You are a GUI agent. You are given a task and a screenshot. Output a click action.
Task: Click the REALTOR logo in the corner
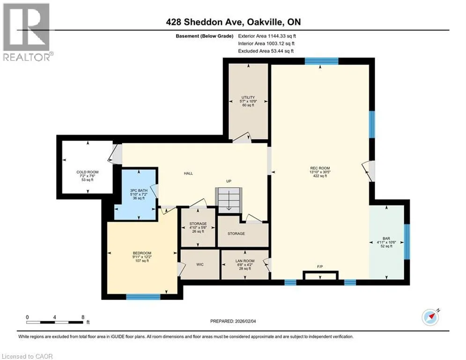pyautogui.click(x=27, y=31)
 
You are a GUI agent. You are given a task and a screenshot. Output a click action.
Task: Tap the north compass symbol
pyautogui.click(x=430, y=317)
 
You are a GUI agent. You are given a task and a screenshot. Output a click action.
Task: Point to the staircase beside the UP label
pyautogui.click(x=229, y=200)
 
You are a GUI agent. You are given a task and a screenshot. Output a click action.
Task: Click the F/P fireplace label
pyautogui.click(x=320, y=267)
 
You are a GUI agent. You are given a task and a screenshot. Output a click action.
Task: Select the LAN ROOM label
pyautogui.click(x=245, y=261)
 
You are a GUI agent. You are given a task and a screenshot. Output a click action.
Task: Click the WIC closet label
pyautogui.click(x=200, y=264)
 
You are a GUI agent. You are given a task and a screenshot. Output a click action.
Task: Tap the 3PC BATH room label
pyautogui.click(x=139, y=190)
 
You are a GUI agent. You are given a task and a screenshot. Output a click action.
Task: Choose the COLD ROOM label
pyautogui.click(x=88, y=172)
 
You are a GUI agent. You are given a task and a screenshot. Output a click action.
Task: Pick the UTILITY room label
pyautogui.click(x=248, y=97)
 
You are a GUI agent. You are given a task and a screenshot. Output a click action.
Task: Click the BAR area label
pyautogui.click(x=386, y=238)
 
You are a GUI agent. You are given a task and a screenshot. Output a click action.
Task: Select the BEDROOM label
pyautogui.click(x=142, y=253)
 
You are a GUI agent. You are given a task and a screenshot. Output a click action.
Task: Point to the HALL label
pyautogui.click(x=188, y=173)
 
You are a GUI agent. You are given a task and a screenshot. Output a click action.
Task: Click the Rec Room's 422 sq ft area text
pyautogui.click(x=320, y=176)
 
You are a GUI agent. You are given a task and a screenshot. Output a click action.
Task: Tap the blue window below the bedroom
pyautogui.click(x=143, y=297)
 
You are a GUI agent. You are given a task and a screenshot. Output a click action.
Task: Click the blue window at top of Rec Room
pyautogui.click(x=322, y=61)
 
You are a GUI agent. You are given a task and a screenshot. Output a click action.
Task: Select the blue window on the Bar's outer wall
pyautogui.click(x=407, y=241)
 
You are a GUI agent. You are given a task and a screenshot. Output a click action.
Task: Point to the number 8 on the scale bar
pyautogui.click(x=83, y=317)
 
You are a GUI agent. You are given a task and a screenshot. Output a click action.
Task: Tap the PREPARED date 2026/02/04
pyautogui.click(x=245, y=321)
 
